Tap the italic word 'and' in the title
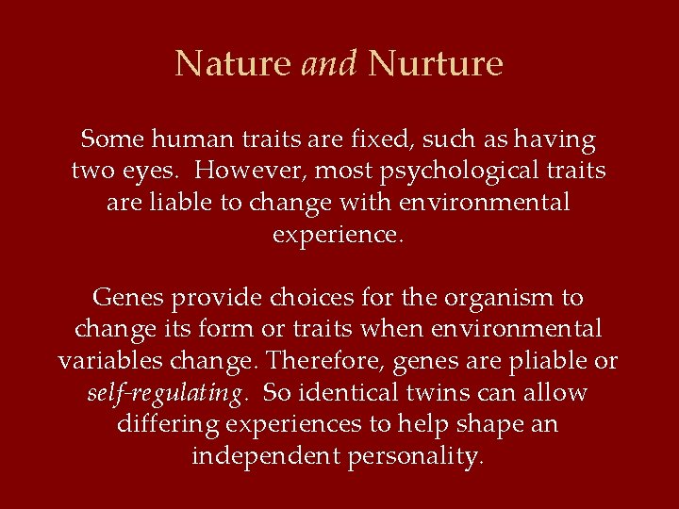tap(329, 64)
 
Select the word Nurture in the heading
tap(436, 64)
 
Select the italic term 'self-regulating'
tap(166, 393)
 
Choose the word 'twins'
tap(447, 392)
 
